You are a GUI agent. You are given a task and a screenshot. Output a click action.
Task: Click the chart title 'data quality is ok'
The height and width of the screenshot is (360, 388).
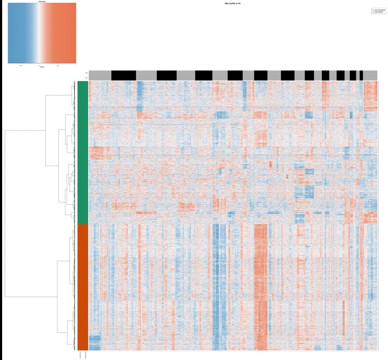tap(233, 4)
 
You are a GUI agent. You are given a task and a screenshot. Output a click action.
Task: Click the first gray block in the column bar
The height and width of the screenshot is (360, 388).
tap(100, 75)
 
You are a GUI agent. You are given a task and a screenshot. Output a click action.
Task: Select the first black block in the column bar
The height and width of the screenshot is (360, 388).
tap(124, 75)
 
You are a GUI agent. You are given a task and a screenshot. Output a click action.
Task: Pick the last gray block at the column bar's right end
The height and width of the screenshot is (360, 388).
tap(370, 75)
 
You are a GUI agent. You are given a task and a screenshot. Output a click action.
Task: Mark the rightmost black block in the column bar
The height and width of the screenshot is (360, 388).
tap(361, 75)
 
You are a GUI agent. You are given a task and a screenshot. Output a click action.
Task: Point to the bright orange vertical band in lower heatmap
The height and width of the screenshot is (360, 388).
tap(261, 285)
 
